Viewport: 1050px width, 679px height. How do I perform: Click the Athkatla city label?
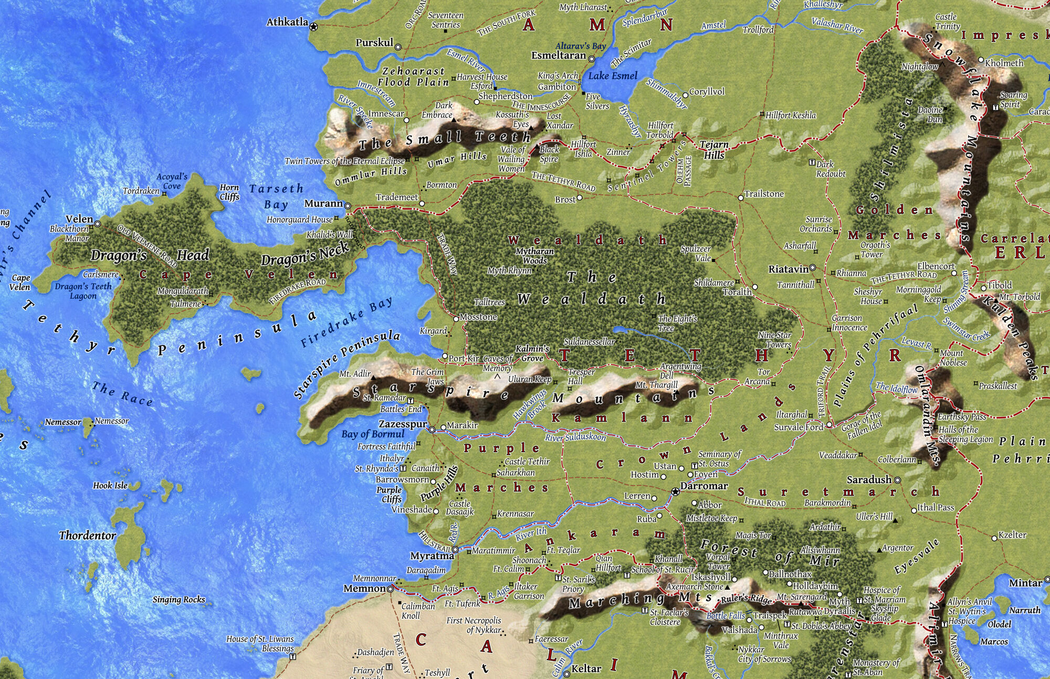coord(287,23)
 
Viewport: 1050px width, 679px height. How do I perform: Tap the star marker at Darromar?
coord(676,492)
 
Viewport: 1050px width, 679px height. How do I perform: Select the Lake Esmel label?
coord(613,76)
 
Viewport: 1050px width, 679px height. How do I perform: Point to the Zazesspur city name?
coord(403,424)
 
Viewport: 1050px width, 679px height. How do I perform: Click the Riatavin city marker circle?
coord(813,268)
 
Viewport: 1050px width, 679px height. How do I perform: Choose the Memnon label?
coord(365,589)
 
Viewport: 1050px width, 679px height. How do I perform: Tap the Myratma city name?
coord(432,556)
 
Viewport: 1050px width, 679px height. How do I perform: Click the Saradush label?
coord(869,479)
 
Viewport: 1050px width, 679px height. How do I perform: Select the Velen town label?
coord(79,219)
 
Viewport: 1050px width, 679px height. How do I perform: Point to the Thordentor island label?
coord(88,536)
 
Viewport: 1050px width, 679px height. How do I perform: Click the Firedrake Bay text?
coord(346,321)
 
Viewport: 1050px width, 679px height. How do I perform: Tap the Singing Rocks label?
coord(179,600)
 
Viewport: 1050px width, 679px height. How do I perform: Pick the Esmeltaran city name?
coord(559,55)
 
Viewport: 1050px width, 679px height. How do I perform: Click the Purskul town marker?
coord(398,47)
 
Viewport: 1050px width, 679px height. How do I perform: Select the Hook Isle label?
coord(110,486)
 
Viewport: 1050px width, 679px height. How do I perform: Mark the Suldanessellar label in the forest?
coord(589,342)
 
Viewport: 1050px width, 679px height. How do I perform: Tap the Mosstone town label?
coord(478,317)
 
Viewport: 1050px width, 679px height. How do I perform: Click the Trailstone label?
coord(764,194)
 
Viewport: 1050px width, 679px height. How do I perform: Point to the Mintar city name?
coord(1025,583)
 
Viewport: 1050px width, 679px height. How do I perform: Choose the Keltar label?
coord(586,668)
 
